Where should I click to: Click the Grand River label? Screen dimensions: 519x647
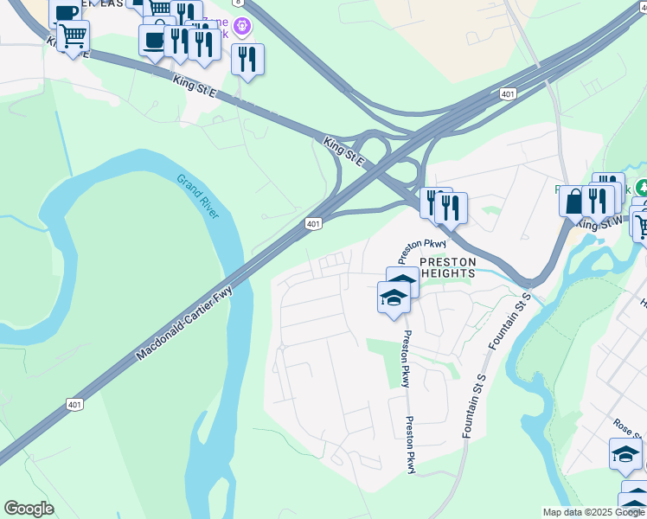[x=198, y=197]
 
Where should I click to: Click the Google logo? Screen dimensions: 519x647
[x=29, y=509]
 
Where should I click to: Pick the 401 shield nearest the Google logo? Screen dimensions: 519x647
[x=75, y=404]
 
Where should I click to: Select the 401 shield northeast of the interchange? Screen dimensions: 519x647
[x=508, y=93]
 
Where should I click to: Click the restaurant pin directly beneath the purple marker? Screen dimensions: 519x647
[x=247, y=59]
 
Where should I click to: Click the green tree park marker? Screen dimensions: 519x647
[x=641, y=188]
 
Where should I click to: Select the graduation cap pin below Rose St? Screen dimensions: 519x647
[x=625, y=453]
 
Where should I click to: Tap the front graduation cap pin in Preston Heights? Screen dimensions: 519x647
[x=394, y=298]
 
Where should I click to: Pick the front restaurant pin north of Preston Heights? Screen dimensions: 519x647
[x=450, y=208]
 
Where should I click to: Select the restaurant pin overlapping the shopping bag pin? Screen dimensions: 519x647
[x=597, y=201]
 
